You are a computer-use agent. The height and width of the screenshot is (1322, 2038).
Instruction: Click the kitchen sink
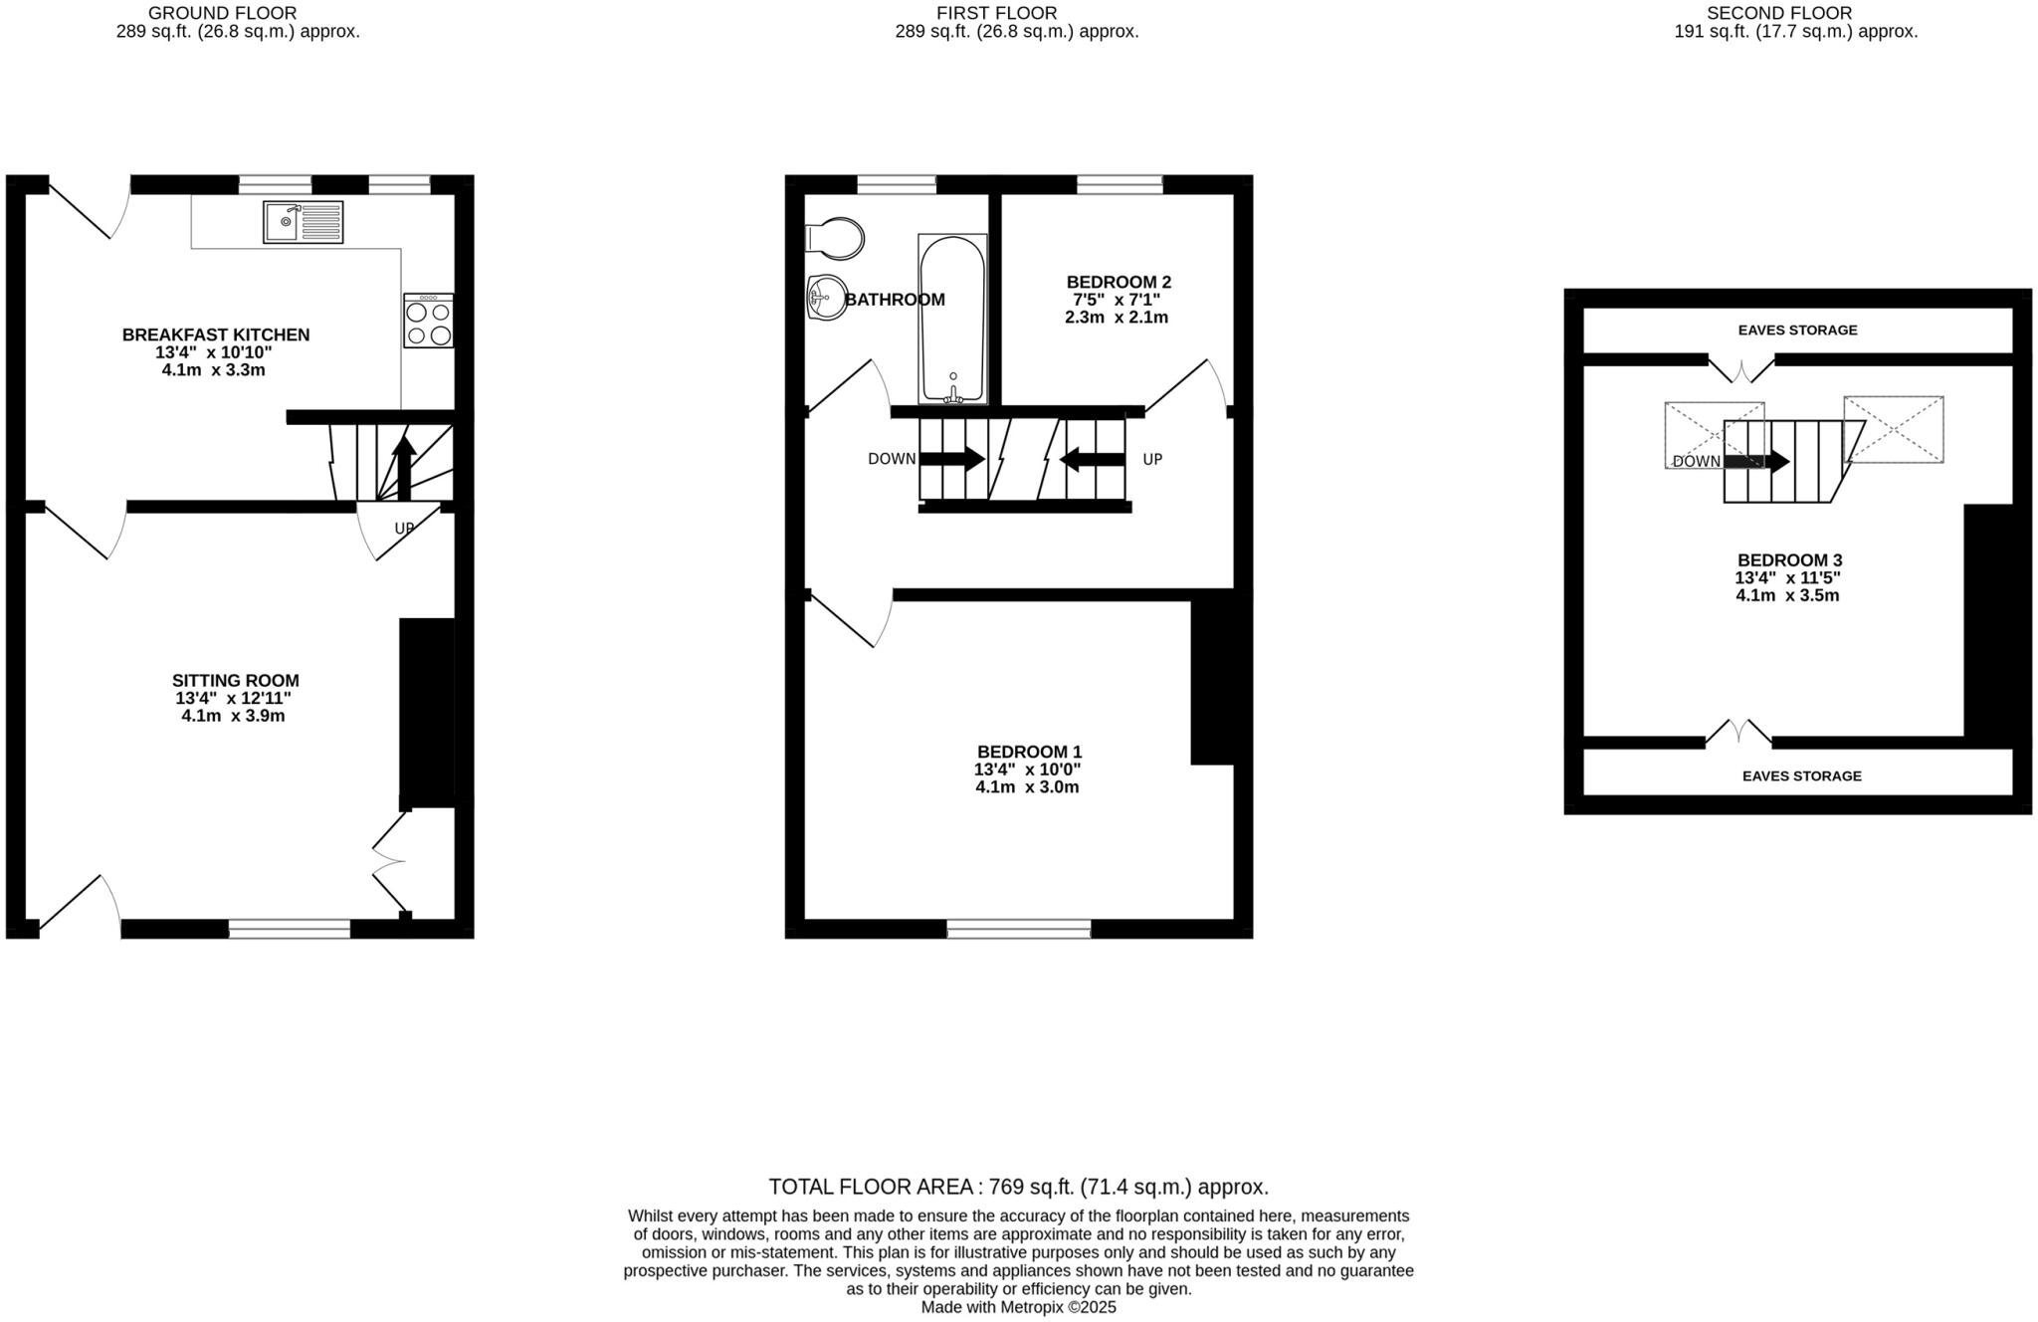pyautogui.click(x=303, y=222)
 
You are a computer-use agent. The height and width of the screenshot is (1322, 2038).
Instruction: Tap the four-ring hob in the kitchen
pyautogui.click(x=429, y=321)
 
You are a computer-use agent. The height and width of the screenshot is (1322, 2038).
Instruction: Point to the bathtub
pyautogui.click(x=952, y=319)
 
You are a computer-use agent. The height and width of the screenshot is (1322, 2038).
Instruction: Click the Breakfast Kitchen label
pyautogui.click(x=216, y=334)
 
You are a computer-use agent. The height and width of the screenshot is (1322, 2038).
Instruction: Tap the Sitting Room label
pyautogui.click(x=235, y=681)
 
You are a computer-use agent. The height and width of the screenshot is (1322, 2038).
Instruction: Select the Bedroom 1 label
pyautogui.click(x=1029, y=752)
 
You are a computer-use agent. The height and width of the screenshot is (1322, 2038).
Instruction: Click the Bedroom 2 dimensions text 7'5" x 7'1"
pyautogui.click(x=1116, y=300)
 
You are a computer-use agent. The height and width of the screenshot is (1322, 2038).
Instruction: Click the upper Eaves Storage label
pyautogui.click(x=1797, y=330)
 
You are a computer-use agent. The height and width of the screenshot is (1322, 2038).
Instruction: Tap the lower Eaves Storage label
pyautogui.click(x=1801, y=775)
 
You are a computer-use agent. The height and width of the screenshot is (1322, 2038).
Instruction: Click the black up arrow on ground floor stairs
pyautogui.click(x=403, y=467)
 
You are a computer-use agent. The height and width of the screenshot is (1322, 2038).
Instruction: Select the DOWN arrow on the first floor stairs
pyautogui.click(x=951, y=459)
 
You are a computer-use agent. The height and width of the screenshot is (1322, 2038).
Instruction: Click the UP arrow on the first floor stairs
pyautogui.click(x=1092, y=459)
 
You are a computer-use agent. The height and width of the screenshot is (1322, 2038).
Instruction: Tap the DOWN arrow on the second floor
pyautogui.click(x=1756, y=462)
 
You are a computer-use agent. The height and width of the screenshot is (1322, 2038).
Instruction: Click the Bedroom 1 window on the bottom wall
pyautogui.click(x=1018, y=930)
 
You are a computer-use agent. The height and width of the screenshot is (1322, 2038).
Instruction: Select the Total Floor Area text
pyautogui.click(x=1018, y=1187)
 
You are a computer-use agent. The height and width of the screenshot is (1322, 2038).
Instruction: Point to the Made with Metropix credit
pyautogui.click(x=1018, y=1307)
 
